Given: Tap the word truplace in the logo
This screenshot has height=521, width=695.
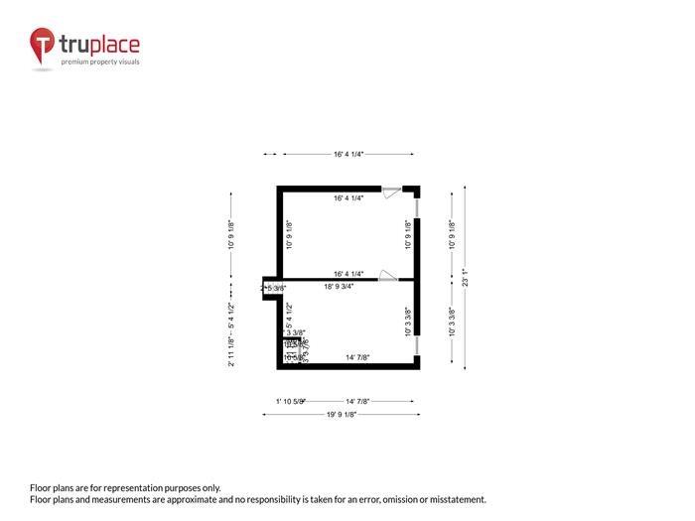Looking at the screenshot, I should (x=99, y=45).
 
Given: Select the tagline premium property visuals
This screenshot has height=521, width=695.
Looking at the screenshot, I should (x=100, y=62).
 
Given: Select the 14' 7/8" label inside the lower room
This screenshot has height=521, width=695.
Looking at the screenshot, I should (x=357, y=357).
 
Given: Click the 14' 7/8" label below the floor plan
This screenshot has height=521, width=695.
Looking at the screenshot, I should (x=357, y=402).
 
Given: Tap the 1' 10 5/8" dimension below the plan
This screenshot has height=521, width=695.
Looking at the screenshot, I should (x=290, y=402).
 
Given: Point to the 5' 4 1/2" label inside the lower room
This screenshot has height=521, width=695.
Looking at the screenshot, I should (x=289, y=315).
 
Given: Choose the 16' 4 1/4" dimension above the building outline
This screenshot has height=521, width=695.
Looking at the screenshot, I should (x=348, y=154).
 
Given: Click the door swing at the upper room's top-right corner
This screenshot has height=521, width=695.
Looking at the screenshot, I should (x=392, y=191).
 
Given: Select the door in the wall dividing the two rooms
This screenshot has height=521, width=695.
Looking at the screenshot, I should (x=389, y=276).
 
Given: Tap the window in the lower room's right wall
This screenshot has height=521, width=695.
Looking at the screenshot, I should (x=417, y=344).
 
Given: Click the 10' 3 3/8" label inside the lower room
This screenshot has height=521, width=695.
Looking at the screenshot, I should (x=407, y=322).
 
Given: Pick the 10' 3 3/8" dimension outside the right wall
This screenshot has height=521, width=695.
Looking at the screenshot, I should (x=452, y=323).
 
